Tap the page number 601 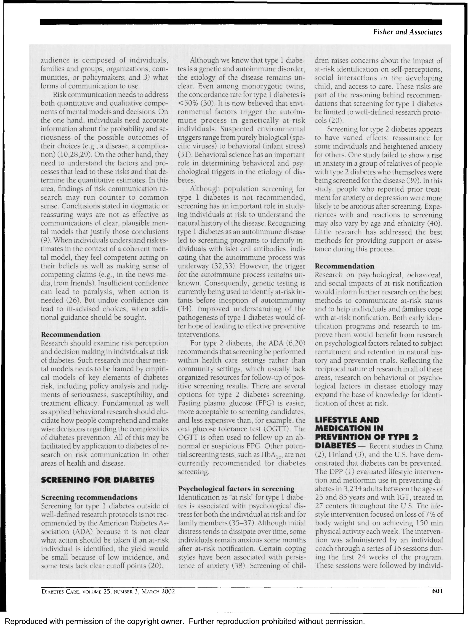tap(437, 591)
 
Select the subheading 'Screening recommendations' tap(89, 497)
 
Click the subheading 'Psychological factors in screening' tap(236, 488)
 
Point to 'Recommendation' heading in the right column tap(344, 266)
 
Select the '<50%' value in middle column tap(188, 103)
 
